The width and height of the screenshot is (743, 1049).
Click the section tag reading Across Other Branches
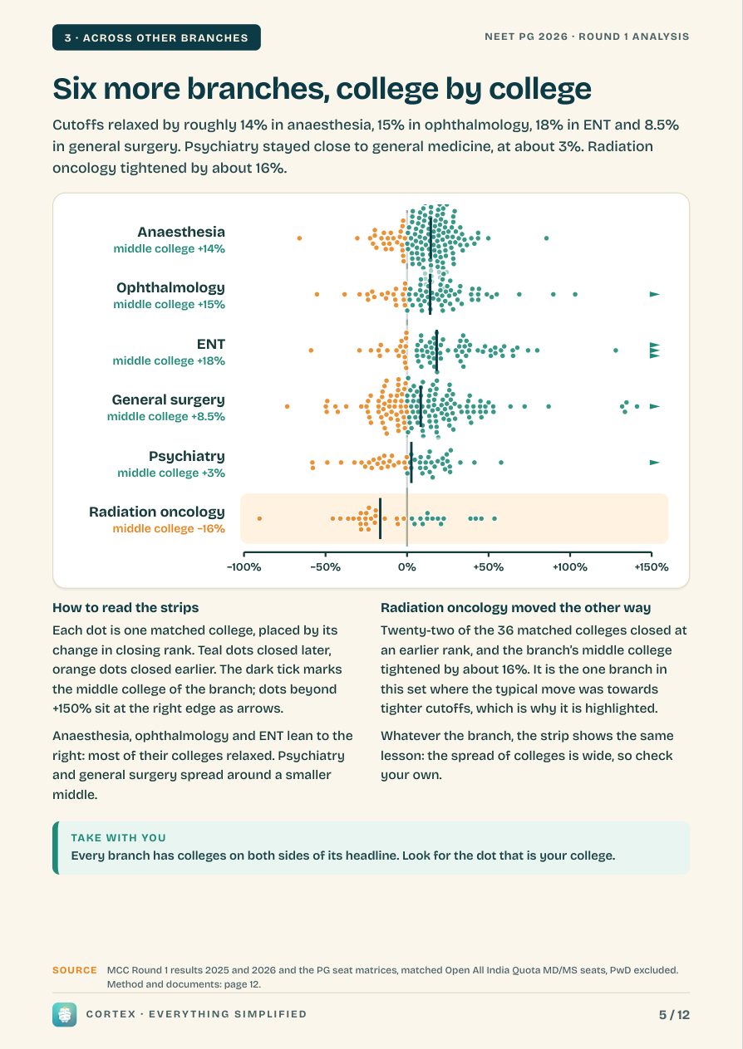156,37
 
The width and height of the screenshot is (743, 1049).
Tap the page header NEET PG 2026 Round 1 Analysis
587,37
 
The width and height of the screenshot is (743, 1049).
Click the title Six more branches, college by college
322,88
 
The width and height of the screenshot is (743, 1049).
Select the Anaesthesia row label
181,232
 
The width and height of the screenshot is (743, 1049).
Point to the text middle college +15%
169,304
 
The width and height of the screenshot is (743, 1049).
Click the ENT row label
211,344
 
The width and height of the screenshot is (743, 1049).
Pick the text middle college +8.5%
166,416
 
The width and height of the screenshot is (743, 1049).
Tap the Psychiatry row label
187,456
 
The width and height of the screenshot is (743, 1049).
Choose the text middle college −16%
169,529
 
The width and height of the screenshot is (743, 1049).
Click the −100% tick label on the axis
244,567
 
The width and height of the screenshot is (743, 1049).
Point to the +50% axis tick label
488,567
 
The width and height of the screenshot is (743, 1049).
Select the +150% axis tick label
652,567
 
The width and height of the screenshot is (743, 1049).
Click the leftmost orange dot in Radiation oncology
259,518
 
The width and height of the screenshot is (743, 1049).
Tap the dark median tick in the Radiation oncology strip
380,518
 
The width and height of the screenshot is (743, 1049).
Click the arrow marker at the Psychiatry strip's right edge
654,463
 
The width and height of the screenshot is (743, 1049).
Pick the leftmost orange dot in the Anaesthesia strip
299,238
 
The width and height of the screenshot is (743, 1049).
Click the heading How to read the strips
125,608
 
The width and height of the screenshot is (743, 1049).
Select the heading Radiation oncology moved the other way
516,608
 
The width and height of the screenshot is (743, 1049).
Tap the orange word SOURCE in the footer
75,970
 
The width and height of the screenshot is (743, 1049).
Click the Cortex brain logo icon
64,1015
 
